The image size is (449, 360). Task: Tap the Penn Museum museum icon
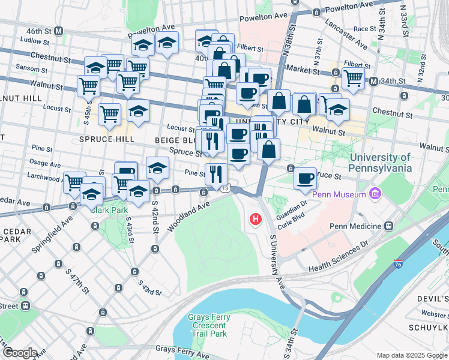(376, 194)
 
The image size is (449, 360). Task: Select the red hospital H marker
(256, 219)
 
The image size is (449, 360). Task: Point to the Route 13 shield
(224, 188)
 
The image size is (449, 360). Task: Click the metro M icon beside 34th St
(373, 81)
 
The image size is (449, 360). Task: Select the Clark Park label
(108, 210)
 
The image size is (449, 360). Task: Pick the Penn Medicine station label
(357, 226)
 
